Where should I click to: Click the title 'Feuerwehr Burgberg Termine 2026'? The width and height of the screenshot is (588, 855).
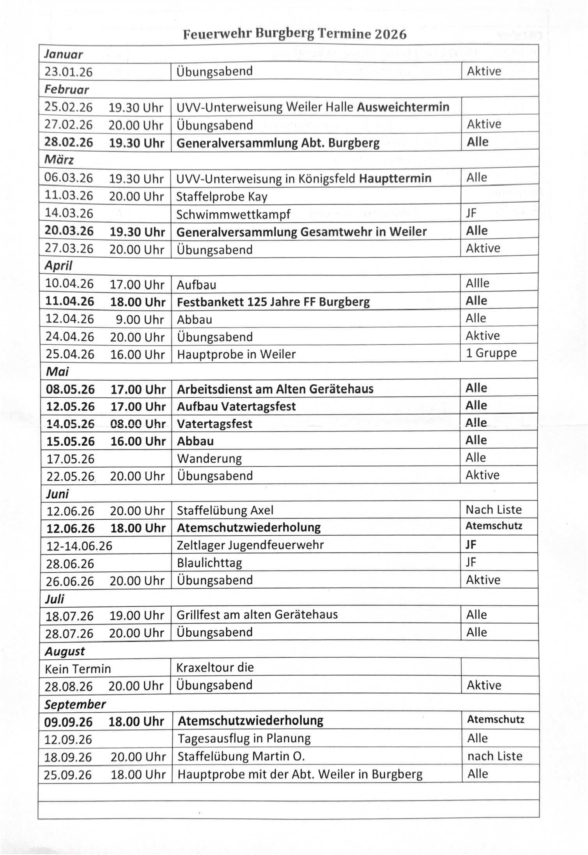click(294, 34)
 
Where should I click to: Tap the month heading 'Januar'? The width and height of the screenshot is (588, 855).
click(63, 54)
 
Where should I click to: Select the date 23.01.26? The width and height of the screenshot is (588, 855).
click(68, 72)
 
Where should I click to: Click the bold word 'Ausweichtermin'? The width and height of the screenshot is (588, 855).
click(403, 107)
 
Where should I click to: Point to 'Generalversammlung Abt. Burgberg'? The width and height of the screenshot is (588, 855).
click(278, 143)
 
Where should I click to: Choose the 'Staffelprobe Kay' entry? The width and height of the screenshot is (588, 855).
click(221, 196)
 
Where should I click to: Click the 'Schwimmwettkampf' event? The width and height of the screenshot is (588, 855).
click(233, 214)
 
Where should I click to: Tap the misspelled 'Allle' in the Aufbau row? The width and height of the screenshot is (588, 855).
click(477, 283)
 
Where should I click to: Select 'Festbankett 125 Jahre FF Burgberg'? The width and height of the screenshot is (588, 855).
click(273, 302)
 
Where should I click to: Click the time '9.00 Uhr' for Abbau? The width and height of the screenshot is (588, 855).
click(140, 319)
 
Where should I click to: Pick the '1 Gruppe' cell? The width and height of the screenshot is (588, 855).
click(491, 353)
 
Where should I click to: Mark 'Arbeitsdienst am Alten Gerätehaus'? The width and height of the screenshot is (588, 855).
click(275, 389)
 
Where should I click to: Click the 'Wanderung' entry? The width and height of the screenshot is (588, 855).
click(209, 458)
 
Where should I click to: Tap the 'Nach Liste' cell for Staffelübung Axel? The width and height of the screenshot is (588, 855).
click(493, 510)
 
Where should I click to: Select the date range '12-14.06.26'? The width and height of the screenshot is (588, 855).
click(79, 546)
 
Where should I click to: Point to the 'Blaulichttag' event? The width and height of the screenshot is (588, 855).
click(209, 563)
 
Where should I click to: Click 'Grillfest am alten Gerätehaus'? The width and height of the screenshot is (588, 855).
click(257, 615)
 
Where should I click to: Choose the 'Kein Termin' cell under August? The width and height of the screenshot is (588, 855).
click(78, 669)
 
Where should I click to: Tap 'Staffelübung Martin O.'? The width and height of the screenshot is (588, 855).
click(241, 756)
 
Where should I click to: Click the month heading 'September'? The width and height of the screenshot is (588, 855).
click(74, 704)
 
